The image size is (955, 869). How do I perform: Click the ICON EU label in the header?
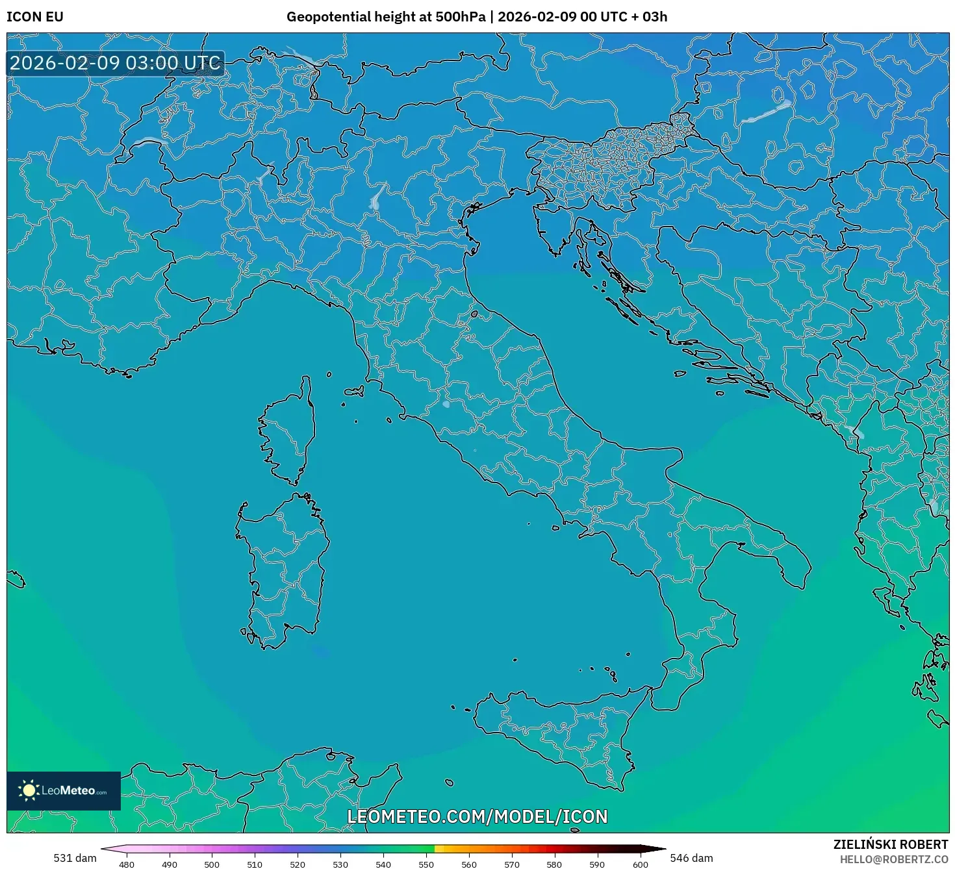pos(35,17)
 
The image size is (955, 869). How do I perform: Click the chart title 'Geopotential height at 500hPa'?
pos(387,17)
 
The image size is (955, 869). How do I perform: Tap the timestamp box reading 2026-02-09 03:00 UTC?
pos(116,63)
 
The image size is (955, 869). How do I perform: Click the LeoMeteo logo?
pos(64,790)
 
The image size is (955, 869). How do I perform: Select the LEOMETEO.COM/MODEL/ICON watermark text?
pos(478,816)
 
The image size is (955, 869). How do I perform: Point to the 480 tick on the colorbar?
pos(127,864)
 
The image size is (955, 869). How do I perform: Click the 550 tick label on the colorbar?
pos(426,864)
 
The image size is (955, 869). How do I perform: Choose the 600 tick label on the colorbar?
pos(640,864)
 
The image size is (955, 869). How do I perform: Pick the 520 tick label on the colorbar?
pos(298,864)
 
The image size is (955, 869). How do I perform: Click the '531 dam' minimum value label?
pos(75,858)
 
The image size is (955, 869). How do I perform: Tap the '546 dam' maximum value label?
pos(691,858)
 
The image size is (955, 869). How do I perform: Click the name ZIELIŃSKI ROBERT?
pos(891,844)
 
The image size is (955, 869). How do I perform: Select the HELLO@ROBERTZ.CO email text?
pos(893,859)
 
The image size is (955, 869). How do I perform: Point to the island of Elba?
pos(354,392)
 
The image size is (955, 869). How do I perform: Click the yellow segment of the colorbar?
pos(439,849)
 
